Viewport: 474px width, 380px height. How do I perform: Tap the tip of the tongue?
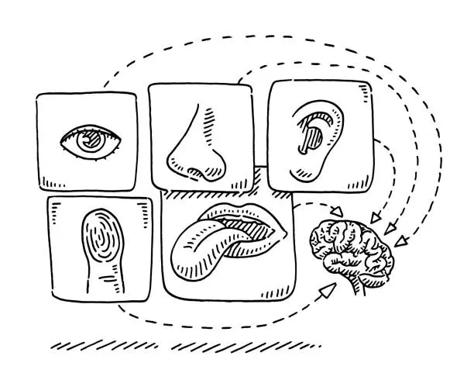point(184,267)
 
